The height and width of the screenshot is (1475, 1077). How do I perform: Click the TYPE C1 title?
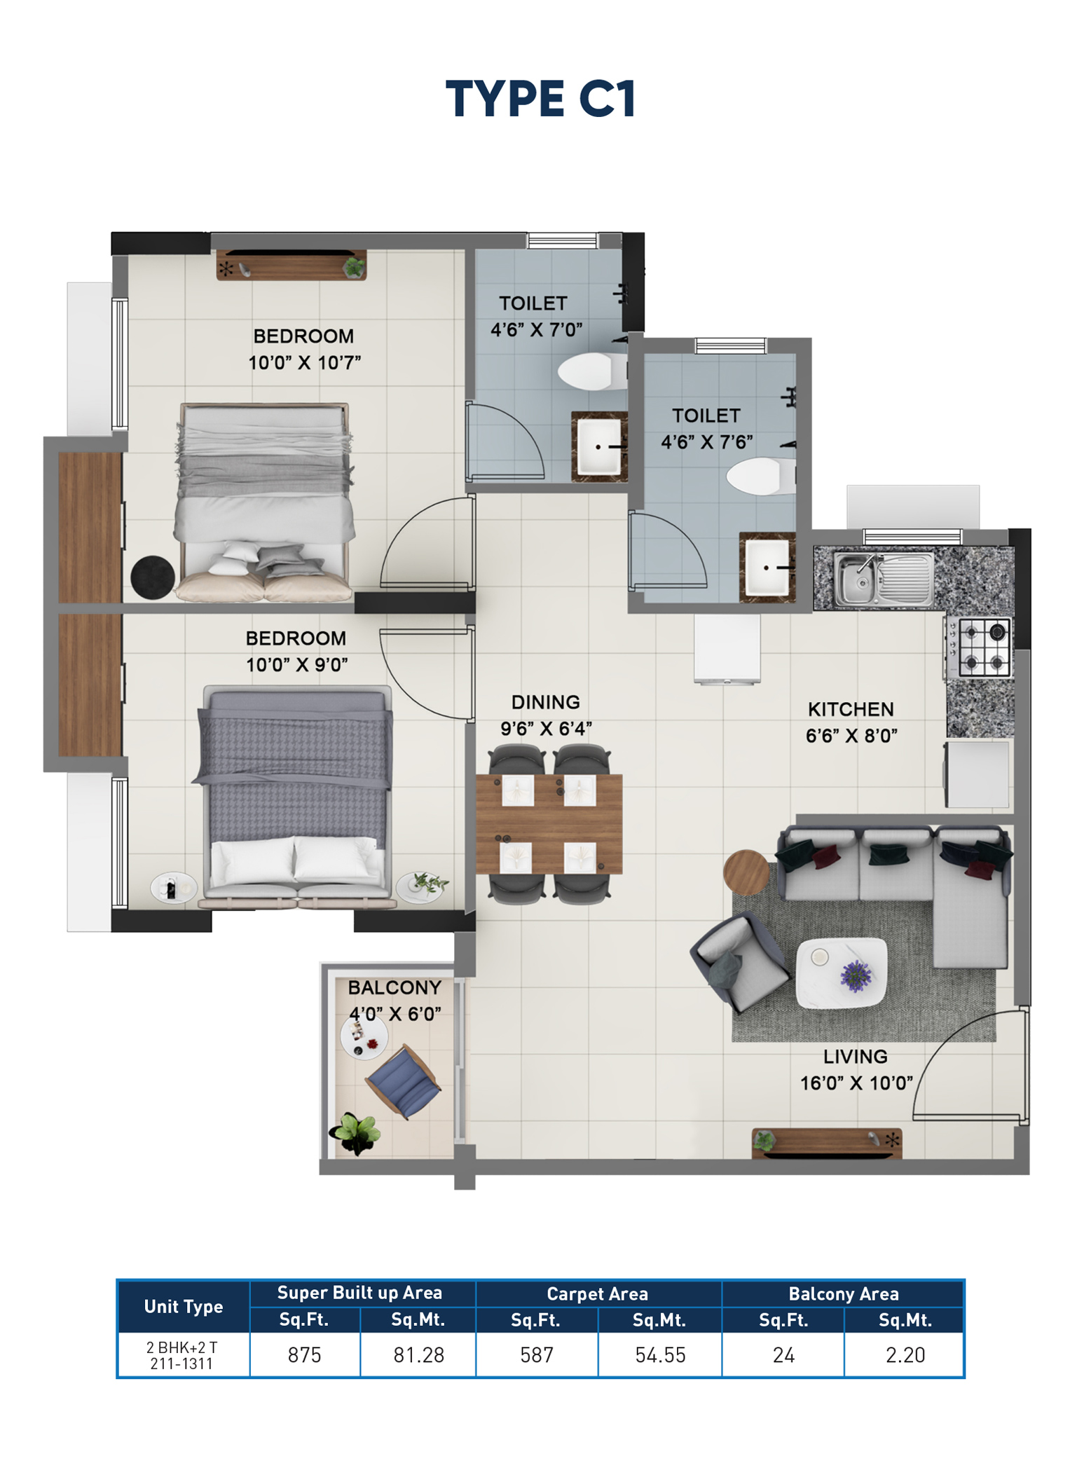[540, 99]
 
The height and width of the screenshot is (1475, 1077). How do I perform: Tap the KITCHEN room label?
[850, 709]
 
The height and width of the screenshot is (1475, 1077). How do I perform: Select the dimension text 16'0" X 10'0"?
[856, 1083]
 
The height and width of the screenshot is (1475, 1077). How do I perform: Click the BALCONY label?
[395, 987]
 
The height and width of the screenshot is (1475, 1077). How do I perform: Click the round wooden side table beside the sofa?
[746, 872]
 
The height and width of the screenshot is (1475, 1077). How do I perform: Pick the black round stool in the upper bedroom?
[152, 577]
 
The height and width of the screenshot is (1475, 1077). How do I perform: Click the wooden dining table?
[549, 823]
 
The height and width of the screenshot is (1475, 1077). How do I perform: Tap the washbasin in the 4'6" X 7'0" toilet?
[598, 446]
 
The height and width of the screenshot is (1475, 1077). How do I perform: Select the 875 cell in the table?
[304, 1354]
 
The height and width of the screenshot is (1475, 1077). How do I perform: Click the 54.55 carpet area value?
[659, 1354]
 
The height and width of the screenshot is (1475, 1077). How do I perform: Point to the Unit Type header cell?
[183, 1306]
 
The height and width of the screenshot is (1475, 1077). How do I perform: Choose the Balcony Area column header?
[843, 1294]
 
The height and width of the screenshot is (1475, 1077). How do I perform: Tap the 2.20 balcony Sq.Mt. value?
[905, 1354]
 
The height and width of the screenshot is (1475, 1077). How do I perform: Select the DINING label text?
[545, 702]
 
